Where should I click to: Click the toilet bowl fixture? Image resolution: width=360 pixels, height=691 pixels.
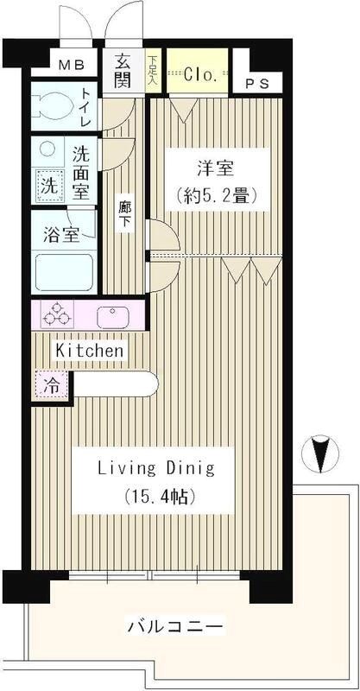point(52,110)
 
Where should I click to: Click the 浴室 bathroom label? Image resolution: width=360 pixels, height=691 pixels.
point(63,234)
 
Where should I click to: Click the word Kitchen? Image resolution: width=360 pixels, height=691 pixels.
point(90,351)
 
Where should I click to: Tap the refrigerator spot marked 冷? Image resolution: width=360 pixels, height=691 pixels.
point(51,385)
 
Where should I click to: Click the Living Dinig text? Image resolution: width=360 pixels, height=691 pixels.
point(155,469)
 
